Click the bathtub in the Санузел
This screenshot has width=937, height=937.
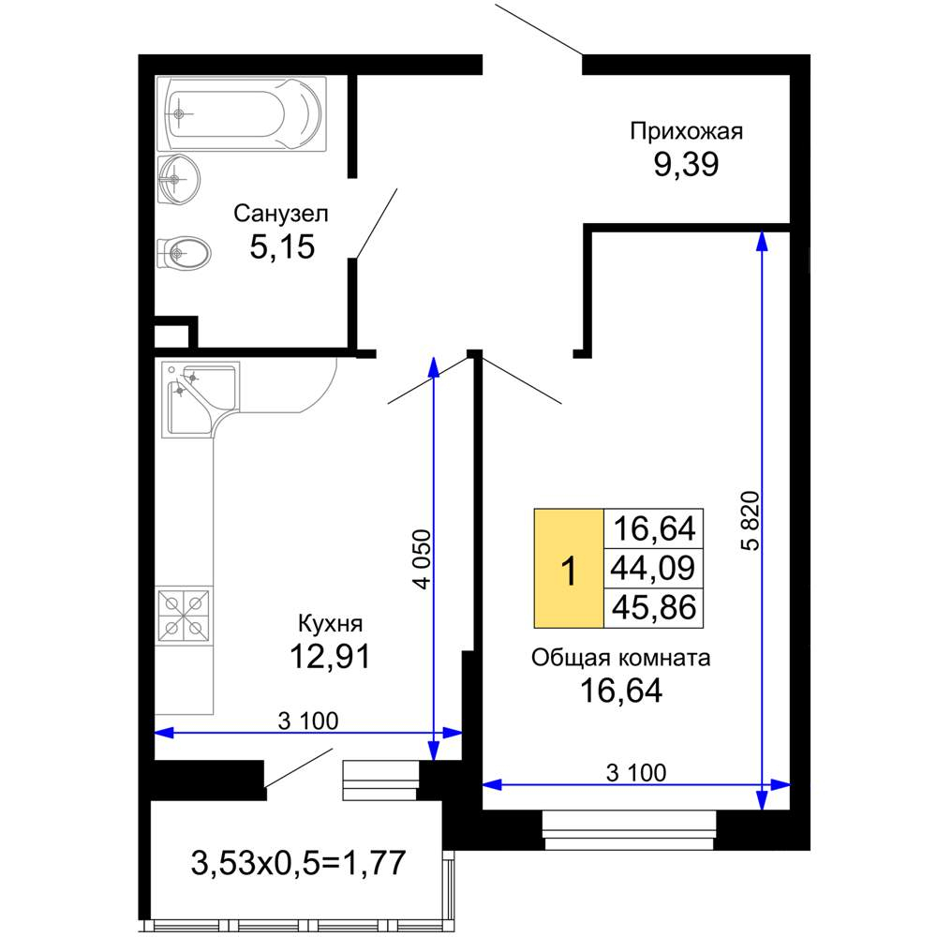pos(242,113)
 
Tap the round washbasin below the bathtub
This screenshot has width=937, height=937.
pos(179,179)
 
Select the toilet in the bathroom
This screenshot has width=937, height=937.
pos(184,254)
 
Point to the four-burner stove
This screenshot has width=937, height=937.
pos(184,617)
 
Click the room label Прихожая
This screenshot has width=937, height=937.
pos(687,131)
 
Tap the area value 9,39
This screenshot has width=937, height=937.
pos(686,164)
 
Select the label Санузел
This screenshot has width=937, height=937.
pos(281,214)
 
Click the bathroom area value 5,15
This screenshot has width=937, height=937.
pos(282,246)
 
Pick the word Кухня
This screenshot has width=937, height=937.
pos(331,623)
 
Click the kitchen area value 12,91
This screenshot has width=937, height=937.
pos(331,656)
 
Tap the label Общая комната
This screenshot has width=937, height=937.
pos(621,658)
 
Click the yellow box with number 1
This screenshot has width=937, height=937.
pos(569,569)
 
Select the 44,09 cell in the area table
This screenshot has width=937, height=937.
pos(654,569)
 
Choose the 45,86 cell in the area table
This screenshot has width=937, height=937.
pos(654,608)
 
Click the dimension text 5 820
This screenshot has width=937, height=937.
pos(750,520)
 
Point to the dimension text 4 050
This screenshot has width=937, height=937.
pos(422,559)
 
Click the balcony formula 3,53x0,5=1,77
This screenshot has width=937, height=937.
pos(298,863)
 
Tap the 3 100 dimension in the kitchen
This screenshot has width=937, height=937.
pos(308,721)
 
